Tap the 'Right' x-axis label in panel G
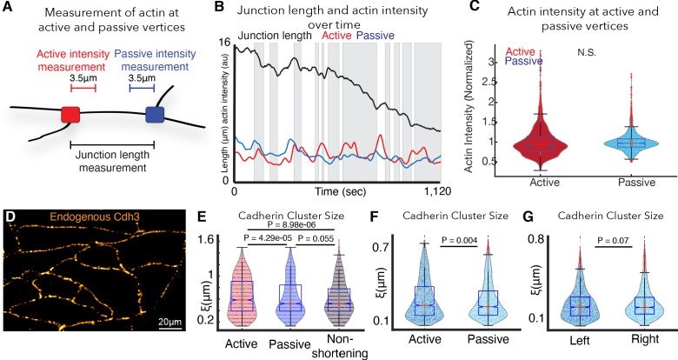pos(644,344)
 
